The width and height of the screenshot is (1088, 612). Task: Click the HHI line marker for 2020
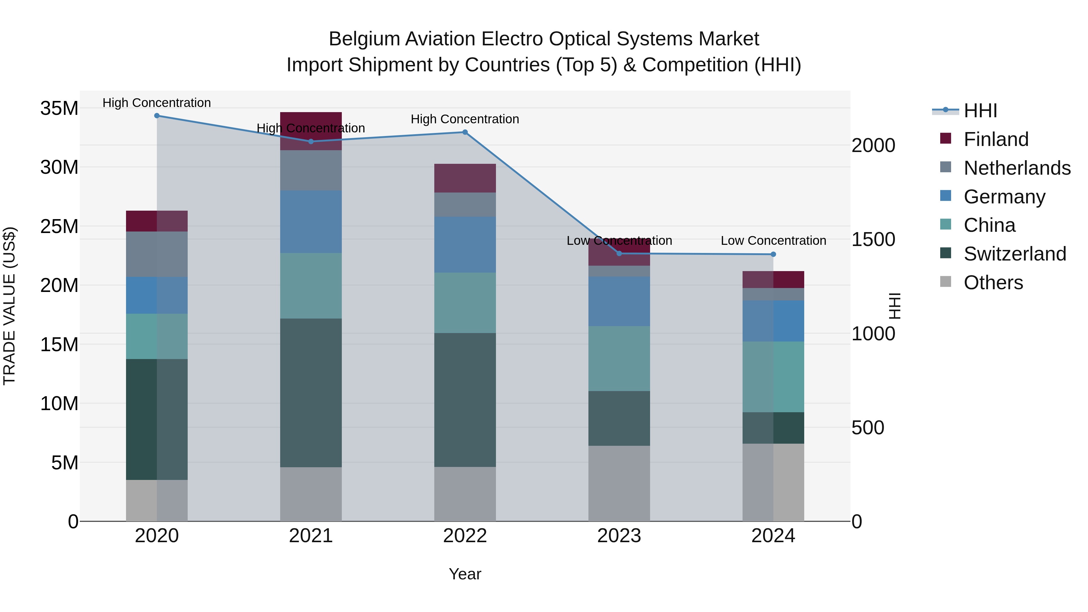point(157,116)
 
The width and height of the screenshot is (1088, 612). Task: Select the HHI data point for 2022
point(465,132)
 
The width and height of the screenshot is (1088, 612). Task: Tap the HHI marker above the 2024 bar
point(773,254)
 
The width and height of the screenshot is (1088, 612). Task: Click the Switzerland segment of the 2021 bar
point(311,393)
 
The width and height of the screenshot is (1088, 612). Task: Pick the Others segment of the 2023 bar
point(619,483)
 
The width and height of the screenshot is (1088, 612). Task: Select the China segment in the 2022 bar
point(465,303)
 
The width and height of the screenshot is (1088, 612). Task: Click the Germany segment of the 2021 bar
point(311,222)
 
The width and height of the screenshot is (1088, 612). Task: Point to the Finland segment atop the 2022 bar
point(465,178)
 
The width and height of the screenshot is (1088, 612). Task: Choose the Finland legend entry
point(996,139)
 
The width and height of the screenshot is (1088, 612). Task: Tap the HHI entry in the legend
point(980,111)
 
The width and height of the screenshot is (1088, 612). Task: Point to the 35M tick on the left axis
point(59,108)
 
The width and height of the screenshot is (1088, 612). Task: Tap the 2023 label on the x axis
point(619,536)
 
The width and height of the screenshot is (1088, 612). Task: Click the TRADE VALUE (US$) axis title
point(10,306)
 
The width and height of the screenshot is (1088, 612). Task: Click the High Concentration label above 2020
point(157,103)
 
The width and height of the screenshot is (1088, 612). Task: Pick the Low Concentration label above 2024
point(773,241)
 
